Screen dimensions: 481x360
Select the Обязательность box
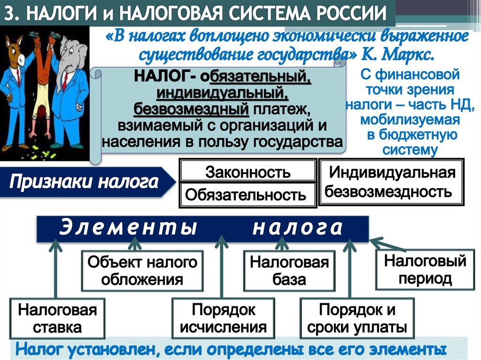[248, 194]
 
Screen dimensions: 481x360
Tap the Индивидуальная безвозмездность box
[391, 182]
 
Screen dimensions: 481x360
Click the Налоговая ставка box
[57, 318]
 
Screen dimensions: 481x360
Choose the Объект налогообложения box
[142, 271]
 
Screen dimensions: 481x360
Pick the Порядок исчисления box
[223, 318]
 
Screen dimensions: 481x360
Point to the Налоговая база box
[289, 271]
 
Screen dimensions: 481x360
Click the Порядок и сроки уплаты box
[357, 318]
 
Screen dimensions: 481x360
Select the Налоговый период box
[425, 269]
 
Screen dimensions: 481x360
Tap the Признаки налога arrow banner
[88, 182]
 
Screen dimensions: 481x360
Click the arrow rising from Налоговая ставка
[55, 269]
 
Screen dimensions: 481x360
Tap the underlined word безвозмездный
[191, 109]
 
